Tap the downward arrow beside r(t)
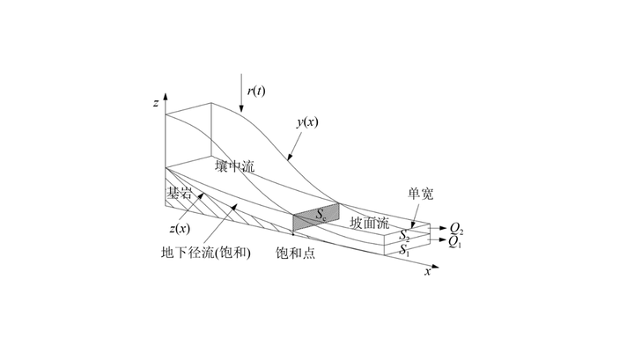[241, 93]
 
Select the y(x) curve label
[306, 122]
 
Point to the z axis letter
[155, 103]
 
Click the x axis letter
[428, 272]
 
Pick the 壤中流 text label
[233, 165]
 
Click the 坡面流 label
[368, 223]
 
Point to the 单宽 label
[419, 195]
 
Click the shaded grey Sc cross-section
[313, 216]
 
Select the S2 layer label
[404, 236]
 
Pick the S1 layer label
[404, 251]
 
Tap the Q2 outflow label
[457, 228]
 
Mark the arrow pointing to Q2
[439, 228]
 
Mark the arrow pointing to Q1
[439, 239]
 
